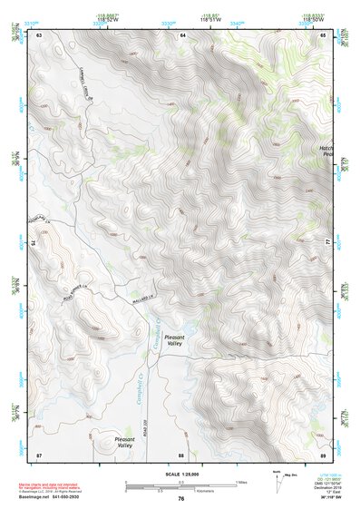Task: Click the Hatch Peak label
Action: [327, 152]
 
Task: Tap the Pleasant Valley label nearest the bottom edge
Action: [125, 442]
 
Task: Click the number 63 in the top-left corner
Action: [39, 34]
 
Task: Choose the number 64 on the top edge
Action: [182, 34]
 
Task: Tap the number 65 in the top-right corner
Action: [324, 34]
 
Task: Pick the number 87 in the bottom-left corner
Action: [39, 454]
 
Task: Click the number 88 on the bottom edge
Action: [181, 454]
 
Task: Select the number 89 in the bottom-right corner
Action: [324, 454]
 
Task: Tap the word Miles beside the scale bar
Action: [240, 482]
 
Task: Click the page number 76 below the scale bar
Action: [181, 500]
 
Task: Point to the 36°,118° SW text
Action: [317, 499]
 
